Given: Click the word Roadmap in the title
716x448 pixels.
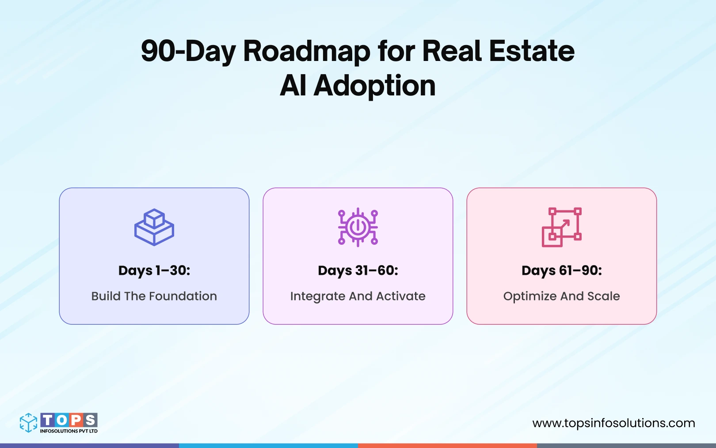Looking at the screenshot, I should click(306, 51).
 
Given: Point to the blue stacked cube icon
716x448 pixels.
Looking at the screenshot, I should click(154, 227).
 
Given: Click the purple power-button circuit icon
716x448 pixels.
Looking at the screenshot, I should click(358, 227).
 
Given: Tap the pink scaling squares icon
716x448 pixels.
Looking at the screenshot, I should click(561, 227).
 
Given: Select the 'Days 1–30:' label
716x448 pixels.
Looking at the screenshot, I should click(154, 270).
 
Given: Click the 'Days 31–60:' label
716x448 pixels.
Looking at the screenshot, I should click(358, 270).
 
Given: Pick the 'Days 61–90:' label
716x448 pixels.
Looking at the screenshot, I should click(562, 270).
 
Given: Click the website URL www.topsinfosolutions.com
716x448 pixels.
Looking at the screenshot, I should click(613, 423).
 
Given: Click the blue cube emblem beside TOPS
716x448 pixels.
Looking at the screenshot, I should click(29, 423).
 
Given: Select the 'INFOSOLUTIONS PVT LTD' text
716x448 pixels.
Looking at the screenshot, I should click(69, 431).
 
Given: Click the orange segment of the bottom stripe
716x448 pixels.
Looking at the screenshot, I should click(447, 445).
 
